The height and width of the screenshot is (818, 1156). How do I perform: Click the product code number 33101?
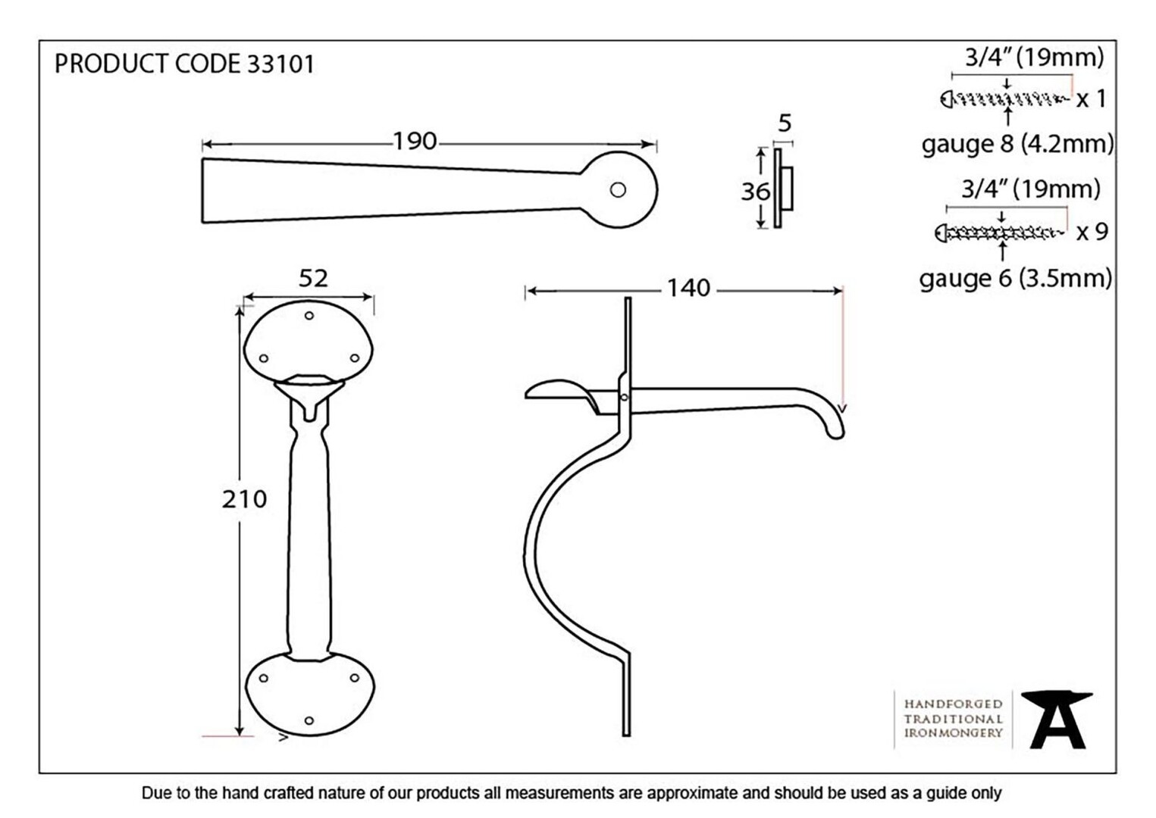click(x=281, y=64)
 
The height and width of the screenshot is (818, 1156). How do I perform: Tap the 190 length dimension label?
click(x=415, y=142)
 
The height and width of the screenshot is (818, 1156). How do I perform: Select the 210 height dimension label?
click(x=244, y=499)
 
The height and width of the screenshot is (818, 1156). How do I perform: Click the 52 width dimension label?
click(x=313, y=279)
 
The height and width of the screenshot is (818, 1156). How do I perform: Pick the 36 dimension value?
click(x=756, y=192)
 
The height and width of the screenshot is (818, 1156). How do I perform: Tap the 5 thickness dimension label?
click(x=785, y=123)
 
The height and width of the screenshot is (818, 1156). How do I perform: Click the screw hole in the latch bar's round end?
click(x=618, y=190)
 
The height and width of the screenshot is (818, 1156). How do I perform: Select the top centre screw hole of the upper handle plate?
click(x=309, y=316)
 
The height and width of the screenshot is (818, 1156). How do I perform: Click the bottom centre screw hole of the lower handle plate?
click(x=309, y=720)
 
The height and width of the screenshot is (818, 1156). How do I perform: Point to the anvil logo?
click(x=1057, y=720)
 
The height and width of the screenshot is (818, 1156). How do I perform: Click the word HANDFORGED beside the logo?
click(x=953, y=704)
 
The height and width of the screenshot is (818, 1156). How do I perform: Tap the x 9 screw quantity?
click(x=1092, y=232)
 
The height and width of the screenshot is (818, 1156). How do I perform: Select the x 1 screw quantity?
click(x=1091, y=99)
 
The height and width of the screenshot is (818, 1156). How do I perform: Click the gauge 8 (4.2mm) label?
click(x=1018, y=144)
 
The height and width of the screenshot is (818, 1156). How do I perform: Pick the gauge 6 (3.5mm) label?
click(x=1016, y=279)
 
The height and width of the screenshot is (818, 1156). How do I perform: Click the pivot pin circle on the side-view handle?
click(x=625, y=397)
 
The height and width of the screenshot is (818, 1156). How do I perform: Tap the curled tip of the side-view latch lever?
click(x=837, y=432)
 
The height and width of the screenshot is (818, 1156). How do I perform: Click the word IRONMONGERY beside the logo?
click(x=953, y=733)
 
